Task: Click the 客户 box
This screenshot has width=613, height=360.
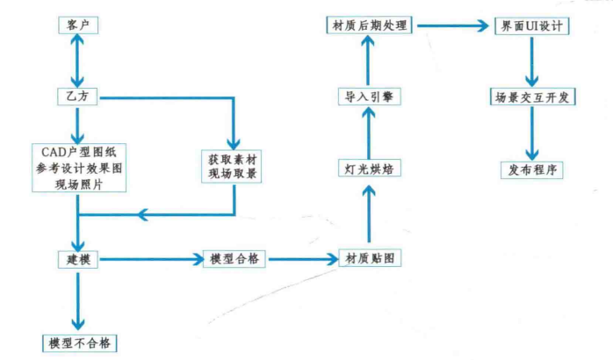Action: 78,26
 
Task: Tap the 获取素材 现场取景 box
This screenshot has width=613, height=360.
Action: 233,167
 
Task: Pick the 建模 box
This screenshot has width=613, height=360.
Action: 78,260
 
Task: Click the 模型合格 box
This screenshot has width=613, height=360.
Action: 234,260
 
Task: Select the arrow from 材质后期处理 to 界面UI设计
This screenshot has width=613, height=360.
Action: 452,26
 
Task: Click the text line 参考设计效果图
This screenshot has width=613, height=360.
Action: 79,167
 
